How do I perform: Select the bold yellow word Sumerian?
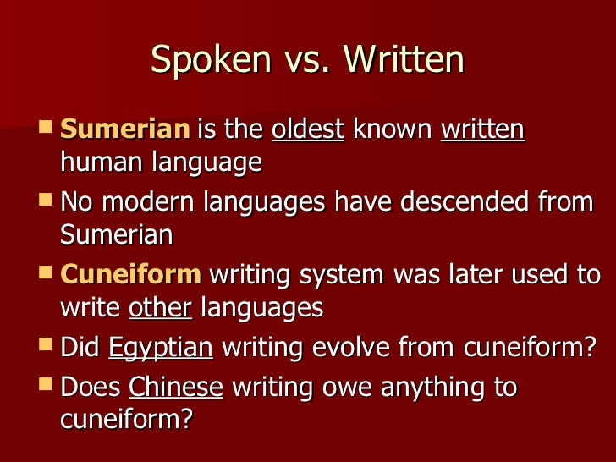tap(124, 130)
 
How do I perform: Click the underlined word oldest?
tap(307, 130)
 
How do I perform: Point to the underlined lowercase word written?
tap(482, 130)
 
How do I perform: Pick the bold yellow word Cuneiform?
tap(131, 275)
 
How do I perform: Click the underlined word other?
tap(160, 307)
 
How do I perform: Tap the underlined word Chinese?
tap(175, 388)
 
